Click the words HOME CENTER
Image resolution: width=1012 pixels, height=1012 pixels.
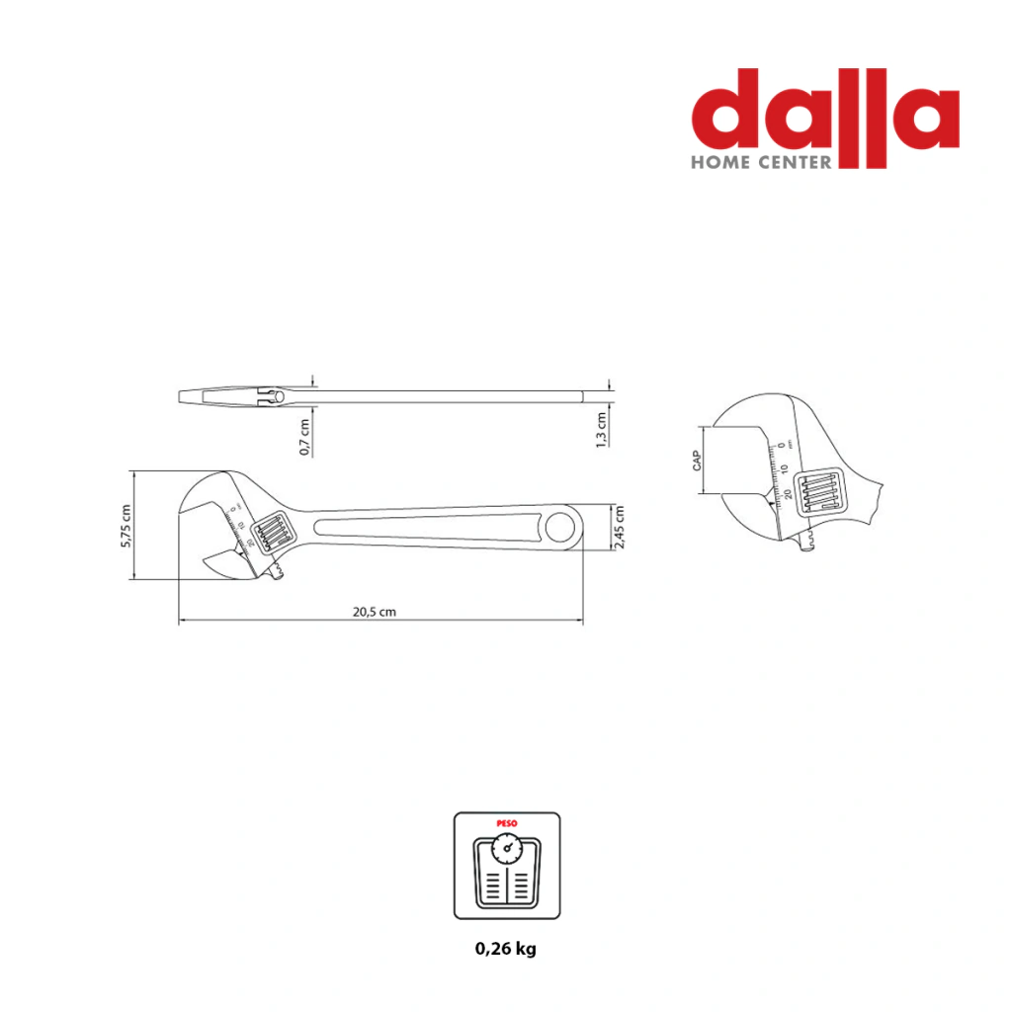click(x=762, y=162)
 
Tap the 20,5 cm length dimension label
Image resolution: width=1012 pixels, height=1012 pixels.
click(x=375, y=612)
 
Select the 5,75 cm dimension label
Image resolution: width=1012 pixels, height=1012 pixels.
click(x=126, y=526)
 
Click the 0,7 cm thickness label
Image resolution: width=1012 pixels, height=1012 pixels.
click(x=304, y=437)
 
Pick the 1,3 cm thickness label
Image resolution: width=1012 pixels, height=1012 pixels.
click(x=601, y=430)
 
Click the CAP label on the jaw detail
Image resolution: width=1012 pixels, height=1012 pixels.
click(x=697, y=461)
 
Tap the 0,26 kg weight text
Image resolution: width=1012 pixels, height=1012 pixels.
click(x=506, y=949)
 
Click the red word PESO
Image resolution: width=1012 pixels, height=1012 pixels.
click(x=507, y=823)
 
